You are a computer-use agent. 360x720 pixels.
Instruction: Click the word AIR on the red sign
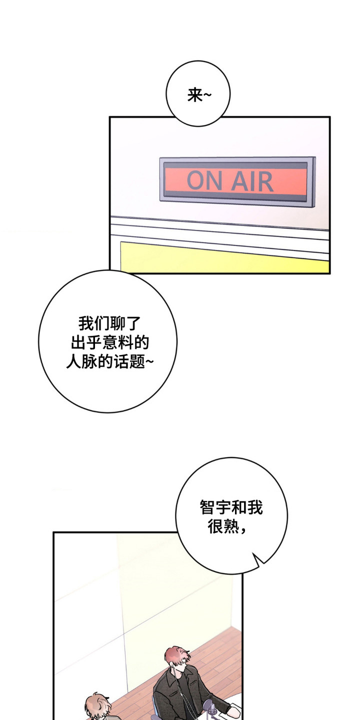tap(252, 181)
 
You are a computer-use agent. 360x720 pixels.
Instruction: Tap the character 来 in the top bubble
tap(195, 95)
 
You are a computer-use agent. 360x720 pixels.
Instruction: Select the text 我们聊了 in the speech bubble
tap(109, 323)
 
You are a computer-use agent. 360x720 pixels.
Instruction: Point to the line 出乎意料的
tap(109, 342)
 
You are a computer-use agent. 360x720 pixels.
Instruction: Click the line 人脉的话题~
tap(109, 361)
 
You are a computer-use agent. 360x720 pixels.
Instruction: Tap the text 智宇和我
tap(231, 507)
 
